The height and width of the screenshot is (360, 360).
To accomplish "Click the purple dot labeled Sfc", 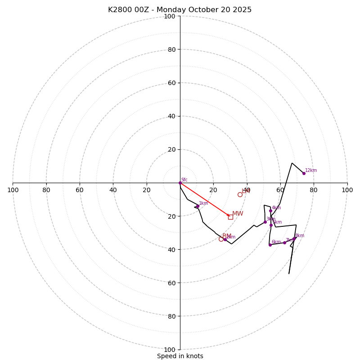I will click(x=180, y=183).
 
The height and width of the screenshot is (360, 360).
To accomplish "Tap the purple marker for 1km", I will click(x=198, y=206).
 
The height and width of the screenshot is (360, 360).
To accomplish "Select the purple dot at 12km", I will click(x=304, y=173).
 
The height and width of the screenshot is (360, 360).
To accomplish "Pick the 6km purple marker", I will click(x=270, y=245).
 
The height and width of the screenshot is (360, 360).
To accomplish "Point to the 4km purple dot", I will click(x=270, y=211).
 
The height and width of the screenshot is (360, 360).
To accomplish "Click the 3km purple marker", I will click(x=265, y=222).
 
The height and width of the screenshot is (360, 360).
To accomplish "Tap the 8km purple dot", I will click(x=294, y=238).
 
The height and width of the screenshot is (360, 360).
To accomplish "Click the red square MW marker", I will click(x=230, y=216).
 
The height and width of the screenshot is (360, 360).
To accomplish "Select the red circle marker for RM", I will click(x=221, y=239).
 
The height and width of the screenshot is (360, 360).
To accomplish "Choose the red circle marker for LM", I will click(x=240, y=194).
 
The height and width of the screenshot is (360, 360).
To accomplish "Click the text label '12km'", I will click(x=311, y=171).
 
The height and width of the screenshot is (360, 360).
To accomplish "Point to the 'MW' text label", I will click(x=238, y=214).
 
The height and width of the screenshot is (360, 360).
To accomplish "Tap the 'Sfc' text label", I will click(x=184, y=180).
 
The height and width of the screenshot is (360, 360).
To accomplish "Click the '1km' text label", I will click(x=203, y=203).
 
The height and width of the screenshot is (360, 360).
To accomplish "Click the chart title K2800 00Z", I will click(x=180, y=10).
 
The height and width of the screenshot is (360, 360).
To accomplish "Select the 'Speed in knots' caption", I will click(x=180, y=356).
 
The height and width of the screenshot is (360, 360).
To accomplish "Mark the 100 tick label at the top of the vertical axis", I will click(x=170, y=17).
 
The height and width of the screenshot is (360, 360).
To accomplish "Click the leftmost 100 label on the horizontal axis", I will click(x=13, y=190).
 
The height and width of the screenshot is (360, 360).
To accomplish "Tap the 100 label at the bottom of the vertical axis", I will click(x=170, y=350).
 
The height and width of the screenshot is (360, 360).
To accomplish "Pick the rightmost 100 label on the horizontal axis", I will click(x=347, y=190).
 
